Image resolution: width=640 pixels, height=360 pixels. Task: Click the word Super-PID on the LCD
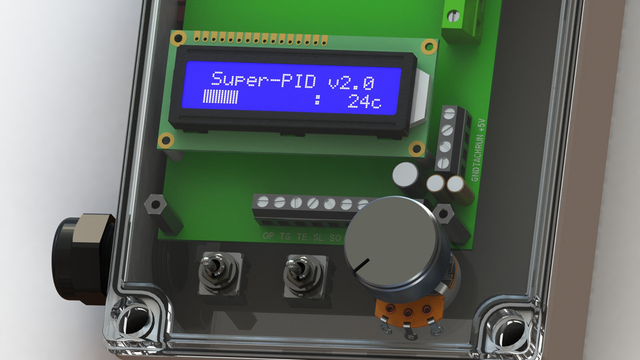[266, 80]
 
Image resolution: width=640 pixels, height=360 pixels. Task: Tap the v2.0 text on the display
[351, 81]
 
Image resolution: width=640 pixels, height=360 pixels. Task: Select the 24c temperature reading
[364, 102]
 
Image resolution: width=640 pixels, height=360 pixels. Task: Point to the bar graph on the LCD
[221, 99]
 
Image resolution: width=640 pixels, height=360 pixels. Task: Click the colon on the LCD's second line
[318, 101]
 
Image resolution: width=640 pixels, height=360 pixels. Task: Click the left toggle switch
[214, 272]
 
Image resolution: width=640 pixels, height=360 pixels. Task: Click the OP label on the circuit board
[269, 236]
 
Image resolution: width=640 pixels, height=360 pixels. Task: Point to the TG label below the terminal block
[285, 236]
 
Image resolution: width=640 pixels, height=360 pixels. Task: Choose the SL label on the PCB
[318, 237]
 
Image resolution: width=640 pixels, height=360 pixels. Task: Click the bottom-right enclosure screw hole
[505, 325]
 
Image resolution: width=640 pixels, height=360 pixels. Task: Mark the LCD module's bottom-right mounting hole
[417, 149]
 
